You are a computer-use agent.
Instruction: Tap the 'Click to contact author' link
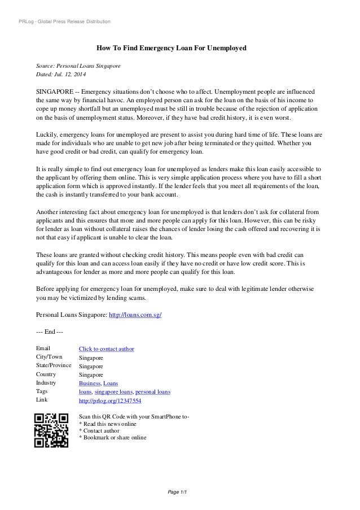(x=107, y=349)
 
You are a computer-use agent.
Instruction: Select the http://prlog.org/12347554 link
(x=110, y=400)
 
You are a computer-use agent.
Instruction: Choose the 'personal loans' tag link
(x=153, y=391)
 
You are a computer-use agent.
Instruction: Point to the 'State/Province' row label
(x=54, y=365)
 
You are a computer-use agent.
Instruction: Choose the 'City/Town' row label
(x=49, y=357)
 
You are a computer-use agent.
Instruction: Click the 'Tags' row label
(x=42, y=391)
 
